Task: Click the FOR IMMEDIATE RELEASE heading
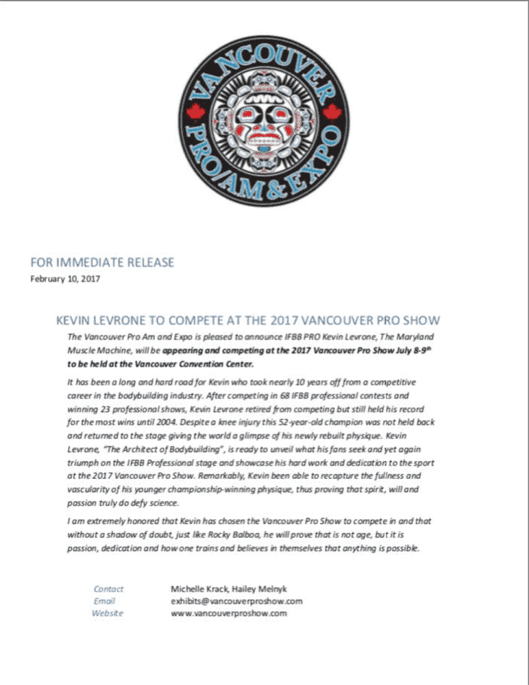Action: [102, 262]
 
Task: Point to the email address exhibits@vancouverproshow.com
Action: [236, 601]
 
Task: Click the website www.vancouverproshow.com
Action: [228, 613]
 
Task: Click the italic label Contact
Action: [108, 588]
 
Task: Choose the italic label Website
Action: [108, 613]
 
